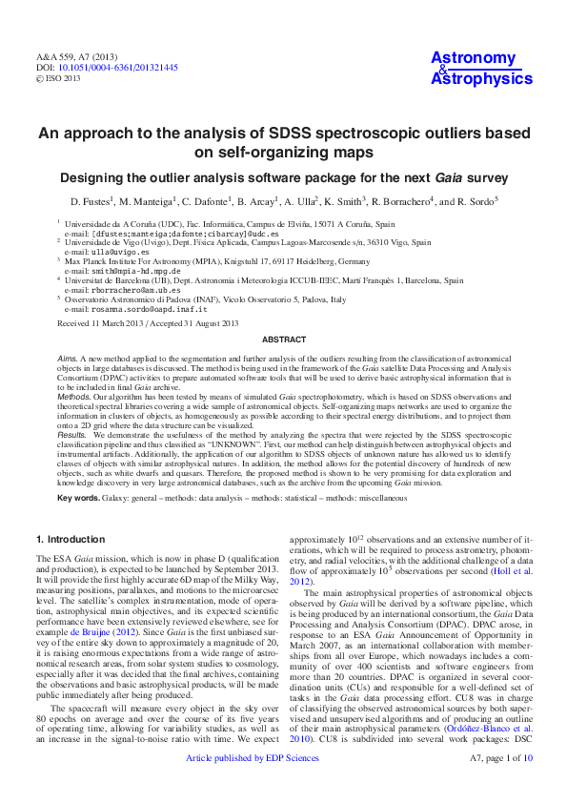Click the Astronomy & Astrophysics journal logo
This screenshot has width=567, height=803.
[x=480, y=69]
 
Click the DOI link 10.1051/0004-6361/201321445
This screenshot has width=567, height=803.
[x=118, y=69]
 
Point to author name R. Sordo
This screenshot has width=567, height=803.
[x=476, y=202]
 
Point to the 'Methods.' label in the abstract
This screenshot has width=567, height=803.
[x=74, y=392]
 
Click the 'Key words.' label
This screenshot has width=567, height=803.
[x=78, y=498]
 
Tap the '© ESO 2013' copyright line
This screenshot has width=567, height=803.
[x=60, y=79]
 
